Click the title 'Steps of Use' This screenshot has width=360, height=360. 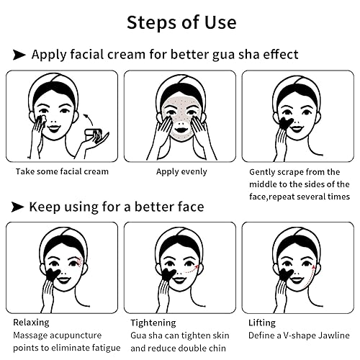tap(181, 21)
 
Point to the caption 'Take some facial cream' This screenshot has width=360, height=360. tap(62, 172)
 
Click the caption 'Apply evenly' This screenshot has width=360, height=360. tap(181, 172)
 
